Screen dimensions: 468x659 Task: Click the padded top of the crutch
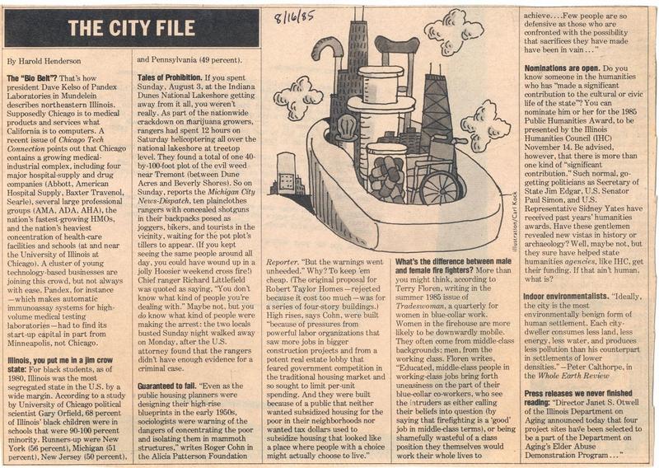coord(396,43)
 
